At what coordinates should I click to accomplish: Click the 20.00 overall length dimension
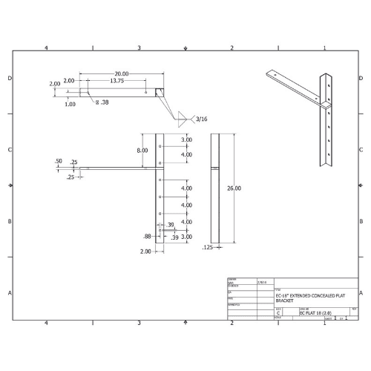[122, 73]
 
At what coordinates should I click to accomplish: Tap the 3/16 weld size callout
[201, 118]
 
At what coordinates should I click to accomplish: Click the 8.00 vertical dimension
[141, 150]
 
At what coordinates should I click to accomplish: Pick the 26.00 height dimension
[233, 188]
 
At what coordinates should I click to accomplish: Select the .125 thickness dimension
[207, 247]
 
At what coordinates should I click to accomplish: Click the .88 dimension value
[148, 236]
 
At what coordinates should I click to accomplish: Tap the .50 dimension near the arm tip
[58, 161]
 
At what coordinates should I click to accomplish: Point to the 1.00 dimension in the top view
[70, 104]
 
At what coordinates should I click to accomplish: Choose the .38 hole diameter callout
[105, 102]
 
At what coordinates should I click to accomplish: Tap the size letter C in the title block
[278, 313]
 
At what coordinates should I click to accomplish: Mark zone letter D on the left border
[9, 78]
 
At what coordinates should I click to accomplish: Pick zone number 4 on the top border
[46, 47]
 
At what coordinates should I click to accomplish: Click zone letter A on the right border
[362, 293]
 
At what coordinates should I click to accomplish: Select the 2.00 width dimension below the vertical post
[145, 252]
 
